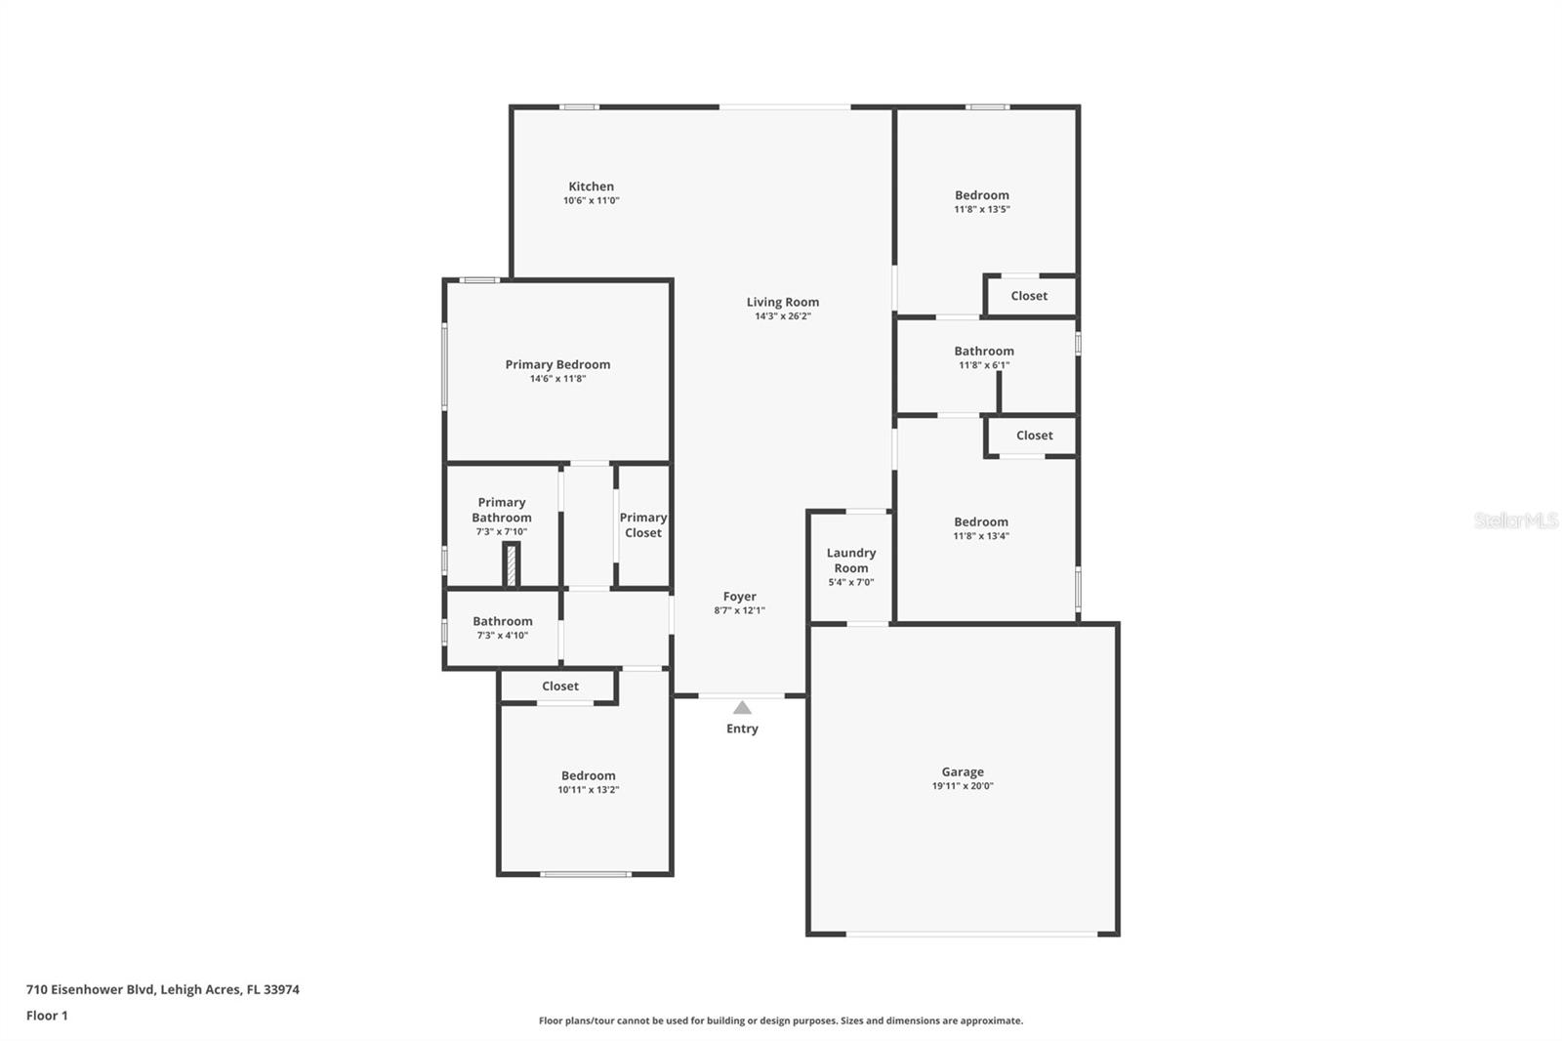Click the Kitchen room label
591,187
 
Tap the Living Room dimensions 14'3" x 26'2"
782,316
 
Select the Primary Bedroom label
557,364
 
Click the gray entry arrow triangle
742,708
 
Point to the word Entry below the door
742,729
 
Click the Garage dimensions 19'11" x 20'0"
963,786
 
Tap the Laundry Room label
850,561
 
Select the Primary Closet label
642,525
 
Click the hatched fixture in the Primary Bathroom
511,564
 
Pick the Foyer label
739,597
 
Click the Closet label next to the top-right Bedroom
1029,296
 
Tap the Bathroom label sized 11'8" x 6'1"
983,352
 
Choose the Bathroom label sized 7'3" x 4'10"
502,621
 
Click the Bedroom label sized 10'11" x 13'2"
588,776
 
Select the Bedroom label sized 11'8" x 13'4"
981,522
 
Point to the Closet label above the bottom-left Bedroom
560,687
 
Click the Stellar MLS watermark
1515,520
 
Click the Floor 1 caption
47,1016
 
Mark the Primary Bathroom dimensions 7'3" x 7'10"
501,532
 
